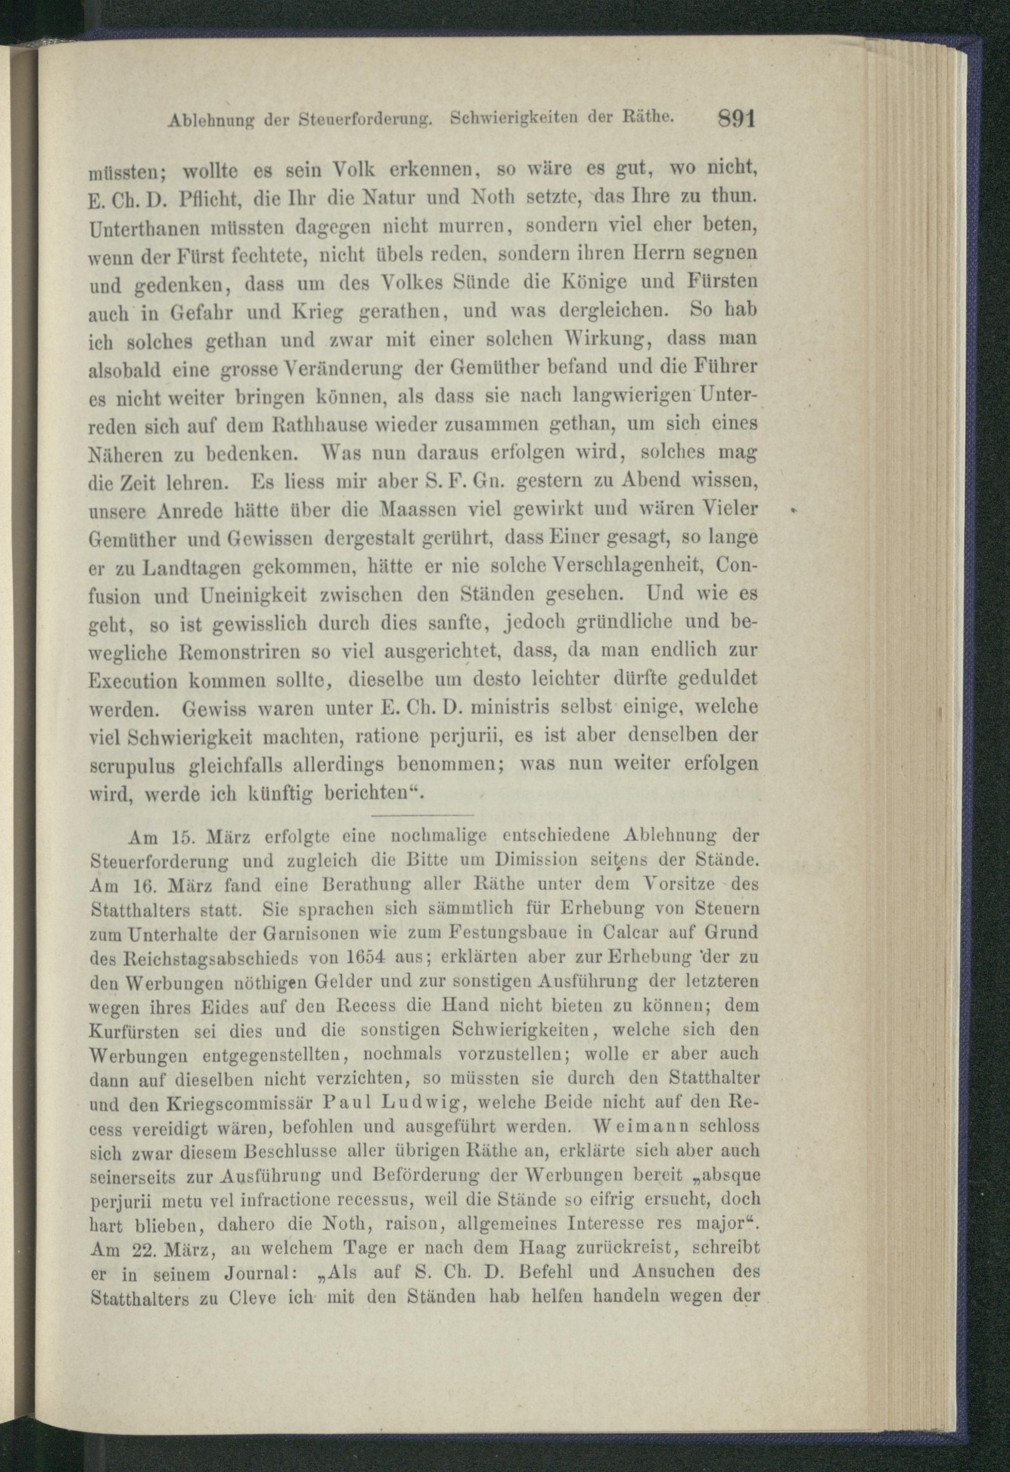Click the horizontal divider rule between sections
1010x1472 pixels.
pos(423,815)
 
